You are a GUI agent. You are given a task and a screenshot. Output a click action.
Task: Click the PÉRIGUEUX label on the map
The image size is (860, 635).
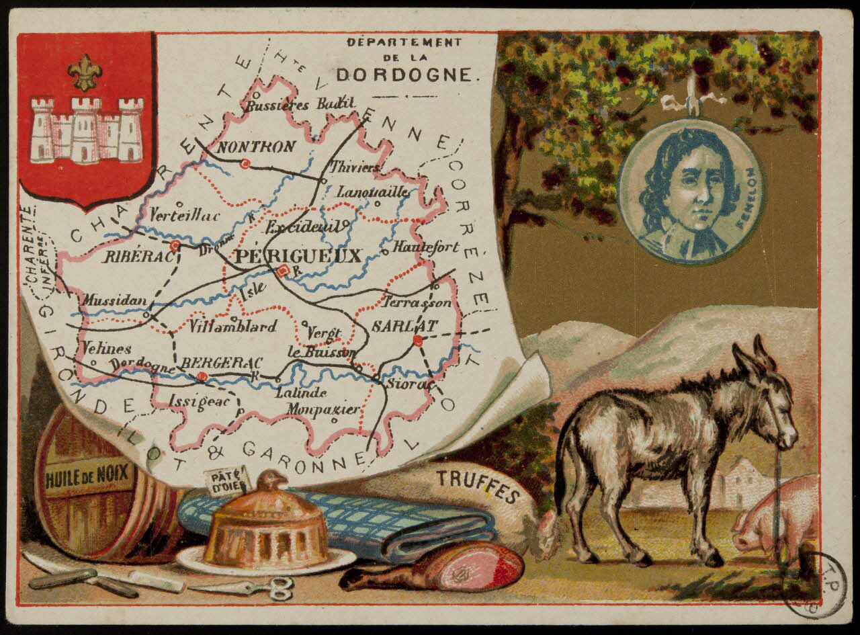click(x=298, y=256)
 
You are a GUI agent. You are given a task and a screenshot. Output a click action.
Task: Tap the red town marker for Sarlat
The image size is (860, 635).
click(x=418, y=341)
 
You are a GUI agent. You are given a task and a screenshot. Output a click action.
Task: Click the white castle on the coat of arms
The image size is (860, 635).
click(x=87, y=130)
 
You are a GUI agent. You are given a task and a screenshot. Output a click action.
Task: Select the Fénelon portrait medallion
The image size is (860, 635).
click(x=690, y=192)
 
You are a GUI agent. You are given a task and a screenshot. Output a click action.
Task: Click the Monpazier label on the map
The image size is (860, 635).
click(x=323, y=409)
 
